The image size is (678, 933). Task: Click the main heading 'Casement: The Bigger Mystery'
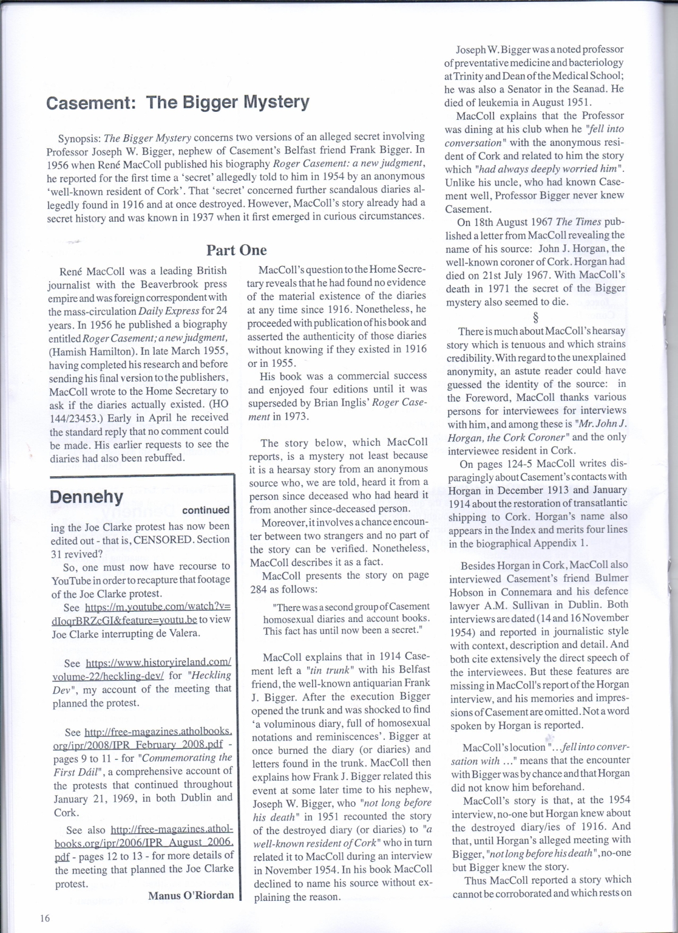tap(178, 102)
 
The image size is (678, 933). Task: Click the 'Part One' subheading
tap(236, 250)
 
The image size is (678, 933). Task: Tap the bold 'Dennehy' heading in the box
tap(86, 497)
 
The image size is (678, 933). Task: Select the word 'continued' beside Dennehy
tap(206, 510)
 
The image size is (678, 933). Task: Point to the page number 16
tap(44, 918)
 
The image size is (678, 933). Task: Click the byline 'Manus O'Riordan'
tap(191, 895)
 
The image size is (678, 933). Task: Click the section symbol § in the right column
tap(535, 316)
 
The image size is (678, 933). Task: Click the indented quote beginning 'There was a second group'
tap(346, 618)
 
